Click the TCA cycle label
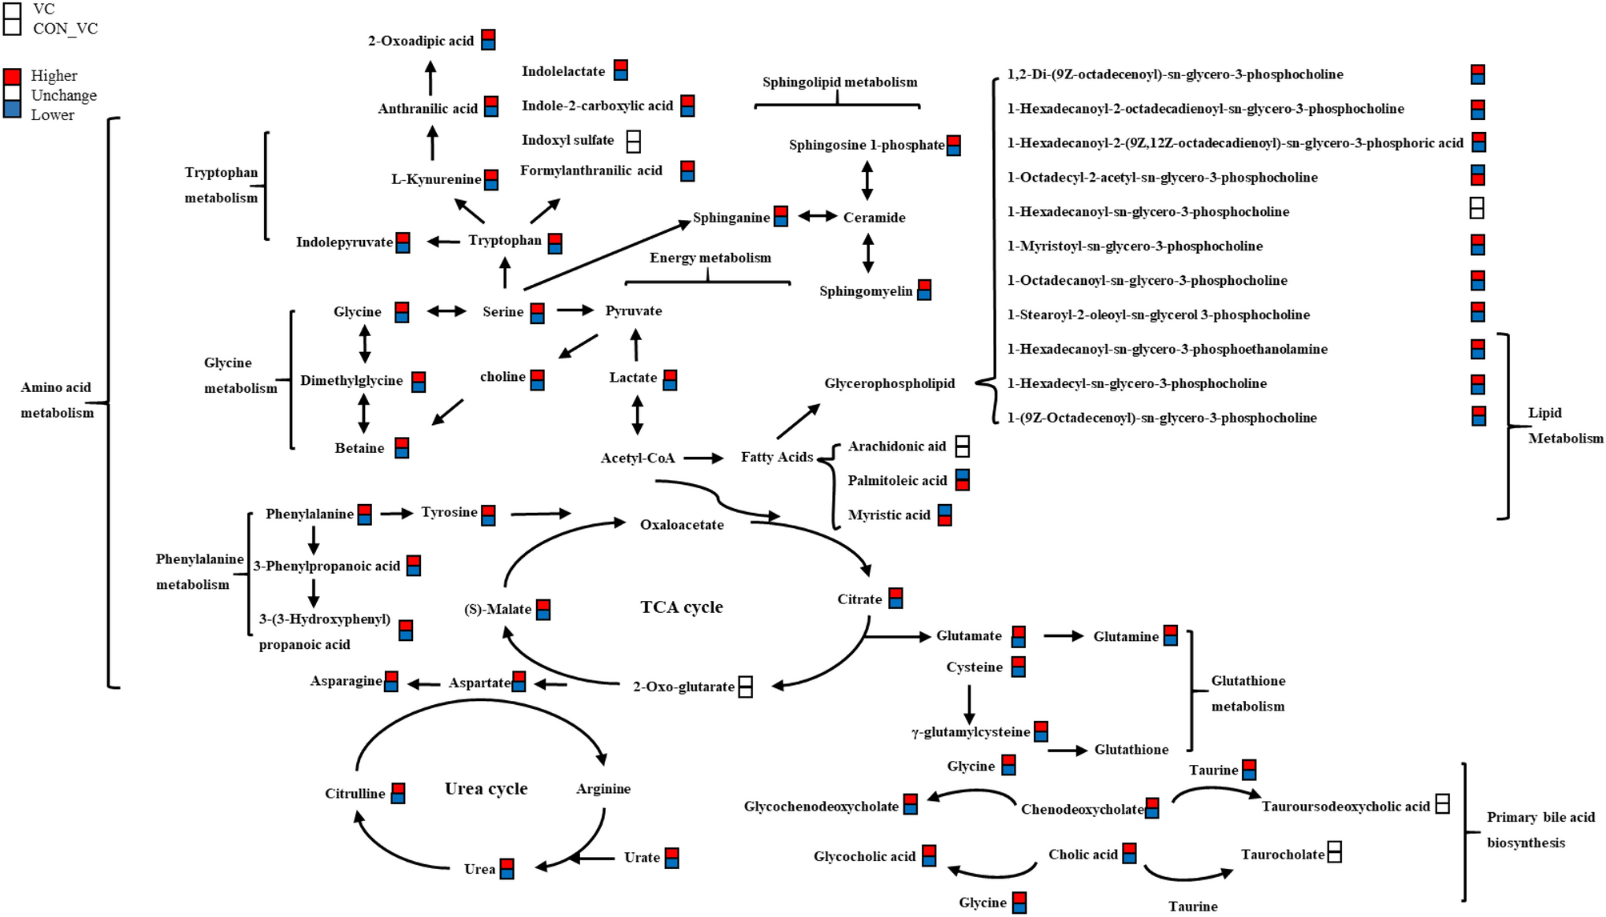681,607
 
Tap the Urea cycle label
486,789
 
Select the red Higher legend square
12,77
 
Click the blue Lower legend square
12,110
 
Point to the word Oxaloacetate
682,525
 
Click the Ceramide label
874,218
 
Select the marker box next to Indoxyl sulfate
633,142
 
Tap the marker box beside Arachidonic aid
963,446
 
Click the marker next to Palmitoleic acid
963,480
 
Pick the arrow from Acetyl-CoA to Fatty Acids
703,458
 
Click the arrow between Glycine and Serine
447,311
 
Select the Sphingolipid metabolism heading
839,82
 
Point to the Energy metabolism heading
710,258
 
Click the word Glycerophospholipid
889,383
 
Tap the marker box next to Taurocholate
1334,852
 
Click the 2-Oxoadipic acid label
420,41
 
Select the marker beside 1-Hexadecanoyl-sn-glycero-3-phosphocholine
1477,208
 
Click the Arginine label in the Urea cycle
603,789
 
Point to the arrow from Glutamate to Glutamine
1063,636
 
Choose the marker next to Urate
672,858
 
